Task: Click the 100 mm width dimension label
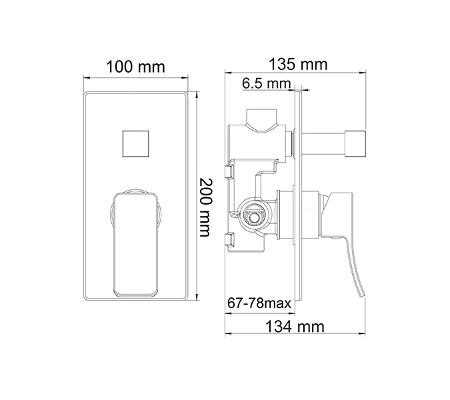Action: pyautogui.click(x=136, y=67)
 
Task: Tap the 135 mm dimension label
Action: pyautogui.click(x=297, y=64)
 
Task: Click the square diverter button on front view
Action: pyautogui.click(x=138, y=143)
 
